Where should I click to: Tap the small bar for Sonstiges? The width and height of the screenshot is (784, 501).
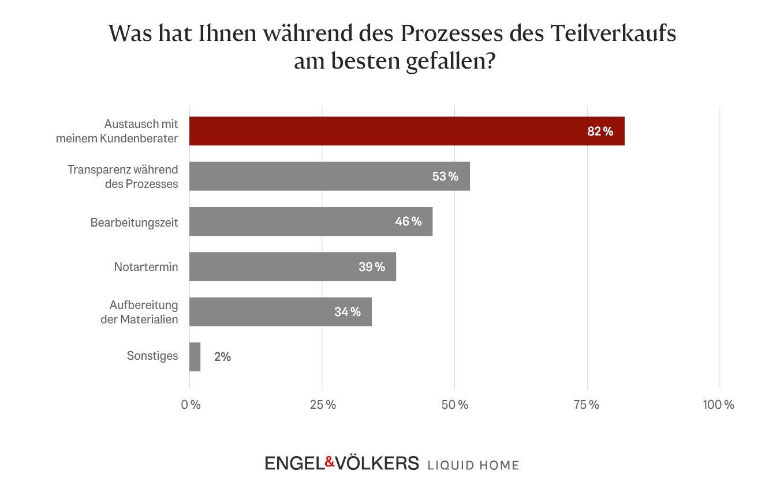point(195,357)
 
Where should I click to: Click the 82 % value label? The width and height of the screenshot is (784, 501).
point(600,131)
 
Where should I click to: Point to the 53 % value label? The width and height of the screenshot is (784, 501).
point(445,176)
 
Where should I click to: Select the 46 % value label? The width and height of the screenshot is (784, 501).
point(408,221)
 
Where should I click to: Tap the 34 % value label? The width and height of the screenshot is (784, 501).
point(347,312)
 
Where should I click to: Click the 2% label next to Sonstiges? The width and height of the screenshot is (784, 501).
point(222,357)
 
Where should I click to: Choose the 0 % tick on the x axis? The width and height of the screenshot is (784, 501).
point(191,405)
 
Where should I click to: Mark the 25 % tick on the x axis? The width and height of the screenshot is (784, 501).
point(323,405)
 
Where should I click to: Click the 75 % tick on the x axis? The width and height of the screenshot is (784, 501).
point(586,405)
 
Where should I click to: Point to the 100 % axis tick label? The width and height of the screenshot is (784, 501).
point(718,405)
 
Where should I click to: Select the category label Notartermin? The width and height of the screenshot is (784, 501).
point(146,267)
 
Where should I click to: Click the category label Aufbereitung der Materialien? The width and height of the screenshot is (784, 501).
point(139,312)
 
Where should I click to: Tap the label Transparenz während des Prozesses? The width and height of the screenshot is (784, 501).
point(122,176)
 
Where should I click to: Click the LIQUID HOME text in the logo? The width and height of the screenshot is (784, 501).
point(473,465)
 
